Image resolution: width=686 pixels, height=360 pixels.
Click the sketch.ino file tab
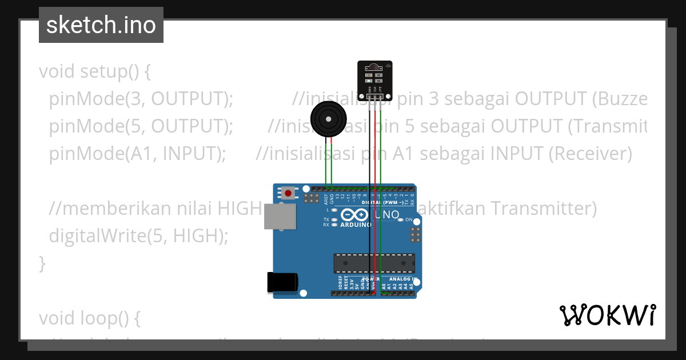[101, 25]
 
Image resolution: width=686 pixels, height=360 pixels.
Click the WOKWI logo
[607, 315]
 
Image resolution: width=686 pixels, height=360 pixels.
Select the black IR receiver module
[375, 77]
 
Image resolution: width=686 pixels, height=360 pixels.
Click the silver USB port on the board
[280, 217]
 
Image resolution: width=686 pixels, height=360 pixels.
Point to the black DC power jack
[282, 282]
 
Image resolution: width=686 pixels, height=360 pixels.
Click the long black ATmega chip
[374, 263]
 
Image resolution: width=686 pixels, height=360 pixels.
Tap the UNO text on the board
[387, 215]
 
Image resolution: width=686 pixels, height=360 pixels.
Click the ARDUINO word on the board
[356, 225]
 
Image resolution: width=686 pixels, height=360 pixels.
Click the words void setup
[95, 72]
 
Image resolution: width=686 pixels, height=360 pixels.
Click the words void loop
[89, 318]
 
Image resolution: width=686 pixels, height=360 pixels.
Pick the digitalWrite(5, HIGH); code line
[138, 235]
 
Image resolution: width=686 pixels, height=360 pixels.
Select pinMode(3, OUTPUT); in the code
[141, 99]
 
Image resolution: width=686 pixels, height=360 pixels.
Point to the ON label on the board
[409, 219]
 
